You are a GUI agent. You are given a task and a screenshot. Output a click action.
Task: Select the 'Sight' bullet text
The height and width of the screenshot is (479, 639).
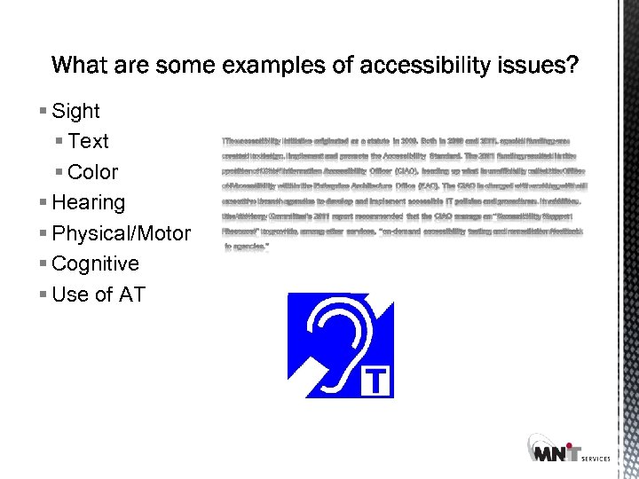(x=75, y=112)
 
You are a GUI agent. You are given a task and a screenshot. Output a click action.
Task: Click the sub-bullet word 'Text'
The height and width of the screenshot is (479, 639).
(x=88, y=142)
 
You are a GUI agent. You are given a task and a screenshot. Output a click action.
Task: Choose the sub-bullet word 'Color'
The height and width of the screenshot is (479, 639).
(x=92, y=172)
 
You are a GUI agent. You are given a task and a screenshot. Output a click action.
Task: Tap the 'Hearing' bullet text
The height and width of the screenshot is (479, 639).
(x=89, y=202)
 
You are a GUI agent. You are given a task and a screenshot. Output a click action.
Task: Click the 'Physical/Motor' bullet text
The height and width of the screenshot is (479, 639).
(x=121, y=233)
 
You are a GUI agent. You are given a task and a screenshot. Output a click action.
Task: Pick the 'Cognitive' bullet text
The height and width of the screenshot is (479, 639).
(x=96, y=263)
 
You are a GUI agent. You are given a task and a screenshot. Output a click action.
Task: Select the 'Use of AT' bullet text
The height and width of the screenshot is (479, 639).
(x=98, y=294)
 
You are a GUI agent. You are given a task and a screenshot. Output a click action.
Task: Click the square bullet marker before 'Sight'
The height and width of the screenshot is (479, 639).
(x=44, y=112)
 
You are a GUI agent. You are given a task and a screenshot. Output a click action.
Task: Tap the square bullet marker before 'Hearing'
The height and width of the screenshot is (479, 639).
(x=44, y=202)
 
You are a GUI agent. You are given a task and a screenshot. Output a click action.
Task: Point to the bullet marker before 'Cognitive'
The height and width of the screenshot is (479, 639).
(x=44, y=263)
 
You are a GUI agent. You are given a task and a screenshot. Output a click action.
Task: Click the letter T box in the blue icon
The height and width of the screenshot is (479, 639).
(x=377, y=382)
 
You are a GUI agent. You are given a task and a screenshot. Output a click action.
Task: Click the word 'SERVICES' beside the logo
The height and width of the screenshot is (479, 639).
(x=596, y=459)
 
